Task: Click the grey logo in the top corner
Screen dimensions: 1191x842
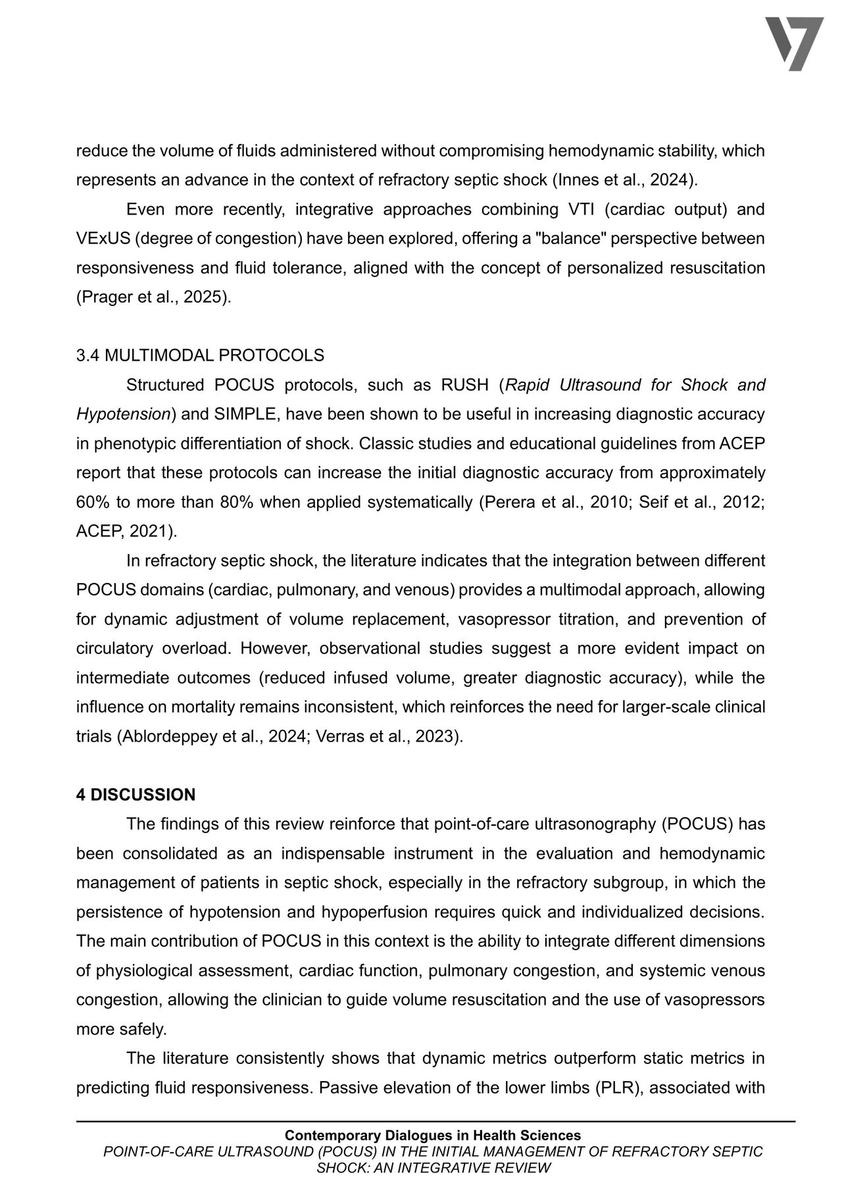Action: coord(794,43)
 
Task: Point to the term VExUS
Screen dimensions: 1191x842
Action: coord(103,239)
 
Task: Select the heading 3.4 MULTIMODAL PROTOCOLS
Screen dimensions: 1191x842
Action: coord(200,356)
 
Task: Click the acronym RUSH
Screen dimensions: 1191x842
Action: coord(464,385)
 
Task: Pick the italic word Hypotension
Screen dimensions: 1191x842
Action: coord(124,415)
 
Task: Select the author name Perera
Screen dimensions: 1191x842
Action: coord(510,503)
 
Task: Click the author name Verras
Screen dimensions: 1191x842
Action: coord(340,737)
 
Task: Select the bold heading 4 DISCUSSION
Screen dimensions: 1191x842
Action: coord(136,795)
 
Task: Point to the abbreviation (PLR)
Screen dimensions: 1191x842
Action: coord(620,1088)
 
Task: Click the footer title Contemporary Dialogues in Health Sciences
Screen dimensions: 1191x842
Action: coord(433,1135)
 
